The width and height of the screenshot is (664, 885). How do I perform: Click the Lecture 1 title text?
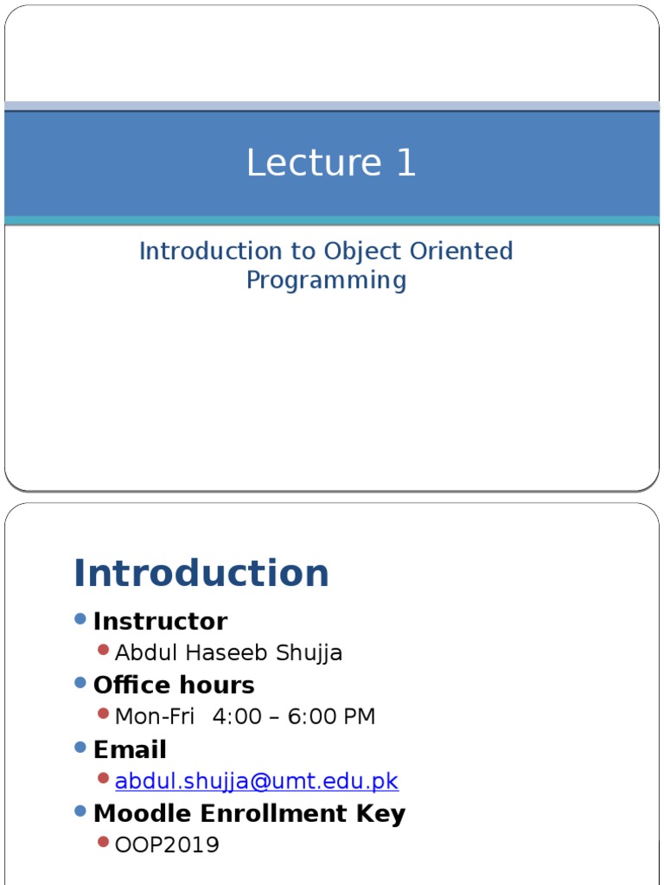tap(331, 163)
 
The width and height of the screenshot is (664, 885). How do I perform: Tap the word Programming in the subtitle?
tap(326, 280)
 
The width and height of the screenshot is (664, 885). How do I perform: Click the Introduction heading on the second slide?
tap(201, 573)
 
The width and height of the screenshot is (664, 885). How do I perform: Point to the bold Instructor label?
tap(160, 621)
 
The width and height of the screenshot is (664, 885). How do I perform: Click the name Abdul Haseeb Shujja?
tap(228, 653)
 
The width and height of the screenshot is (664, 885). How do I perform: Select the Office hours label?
tap(174, 685)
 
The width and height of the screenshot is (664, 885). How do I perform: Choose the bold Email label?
tap(130, 749)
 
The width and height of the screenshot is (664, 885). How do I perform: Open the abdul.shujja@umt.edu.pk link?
tap(256, 781)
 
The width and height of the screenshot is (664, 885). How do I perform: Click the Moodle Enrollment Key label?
tap(249, 813)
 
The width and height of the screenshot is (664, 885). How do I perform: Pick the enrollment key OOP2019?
tap(167, 844)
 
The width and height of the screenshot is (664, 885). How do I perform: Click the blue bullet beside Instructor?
tap(80, 619)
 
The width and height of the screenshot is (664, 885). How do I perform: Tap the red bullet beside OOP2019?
tap(104, 842)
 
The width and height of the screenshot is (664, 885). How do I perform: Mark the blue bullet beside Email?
tap(80, 747)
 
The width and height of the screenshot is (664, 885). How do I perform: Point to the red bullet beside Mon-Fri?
tap(104, 714)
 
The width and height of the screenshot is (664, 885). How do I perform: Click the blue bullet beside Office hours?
tap(80, 683)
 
